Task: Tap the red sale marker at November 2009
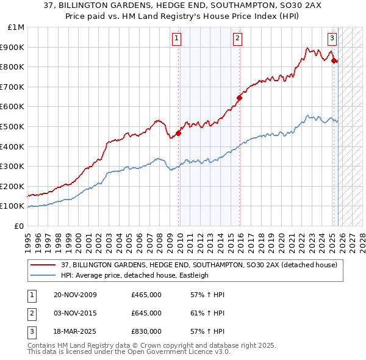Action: click(x=179, y=133)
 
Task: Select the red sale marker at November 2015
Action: click(x=240, y=98)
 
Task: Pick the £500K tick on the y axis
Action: click(x=13, y=126)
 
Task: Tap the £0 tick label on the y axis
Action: click(x=20, y=226)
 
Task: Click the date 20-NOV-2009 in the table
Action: click(x=74, y=295)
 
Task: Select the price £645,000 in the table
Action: click(x=146, y=313)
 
